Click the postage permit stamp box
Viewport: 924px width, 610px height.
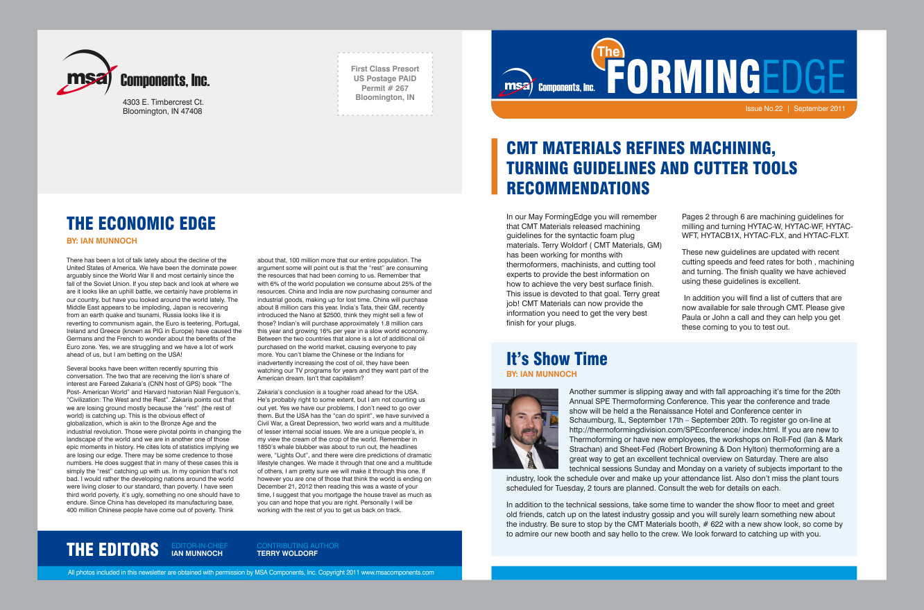pos(385,83)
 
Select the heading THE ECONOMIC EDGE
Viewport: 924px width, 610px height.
pos(141,223)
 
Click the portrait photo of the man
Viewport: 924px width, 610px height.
pos(525,429)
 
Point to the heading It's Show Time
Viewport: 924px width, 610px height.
pos(556,359)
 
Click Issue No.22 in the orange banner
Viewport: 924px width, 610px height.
pos(764,109)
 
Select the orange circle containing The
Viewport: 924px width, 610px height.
pos(608,52)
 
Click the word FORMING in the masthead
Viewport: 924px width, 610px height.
pos(683,77)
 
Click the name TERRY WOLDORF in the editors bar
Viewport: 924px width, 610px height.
pos(286,554)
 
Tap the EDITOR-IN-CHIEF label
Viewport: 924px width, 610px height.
pos(199,546)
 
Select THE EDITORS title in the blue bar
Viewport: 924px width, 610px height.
pos(112,550)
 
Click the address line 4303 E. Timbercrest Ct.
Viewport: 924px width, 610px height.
pos(163,102)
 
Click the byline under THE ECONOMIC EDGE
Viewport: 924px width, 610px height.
pos(101,241)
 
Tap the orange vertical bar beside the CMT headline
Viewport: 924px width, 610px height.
pos(495,167)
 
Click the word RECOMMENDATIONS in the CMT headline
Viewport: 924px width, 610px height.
pos(578,188)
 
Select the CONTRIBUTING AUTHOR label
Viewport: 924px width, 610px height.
pos(298,546)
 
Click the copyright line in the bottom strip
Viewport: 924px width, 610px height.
pos(251,573)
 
